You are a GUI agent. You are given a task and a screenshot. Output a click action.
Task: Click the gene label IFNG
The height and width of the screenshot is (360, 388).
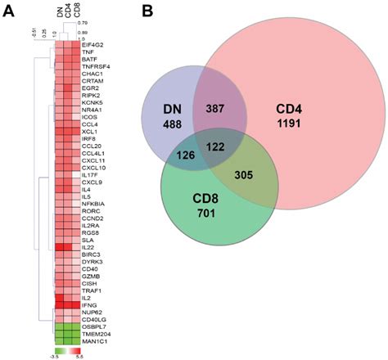click(x=90, y=304)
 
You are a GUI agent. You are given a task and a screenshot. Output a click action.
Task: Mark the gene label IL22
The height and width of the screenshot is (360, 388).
click(x=88, y=245)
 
